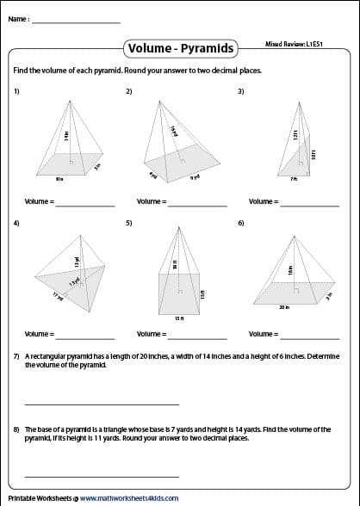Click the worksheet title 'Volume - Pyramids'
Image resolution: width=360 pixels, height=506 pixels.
tap(179, 48)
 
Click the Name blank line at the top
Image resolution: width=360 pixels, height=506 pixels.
tap(76, 22)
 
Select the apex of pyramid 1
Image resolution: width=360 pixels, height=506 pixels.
tap(68, 102)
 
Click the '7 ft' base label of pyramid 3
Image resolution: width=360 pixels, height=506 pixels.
tap(294, 180)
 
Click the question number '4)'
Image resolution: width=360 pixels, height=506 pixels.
tap(16, 223)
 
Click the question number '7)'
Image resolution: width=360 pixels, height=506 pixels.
tap(16, 356)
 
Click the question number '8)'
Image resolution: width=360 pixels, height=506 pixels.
tap(16, 429)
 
